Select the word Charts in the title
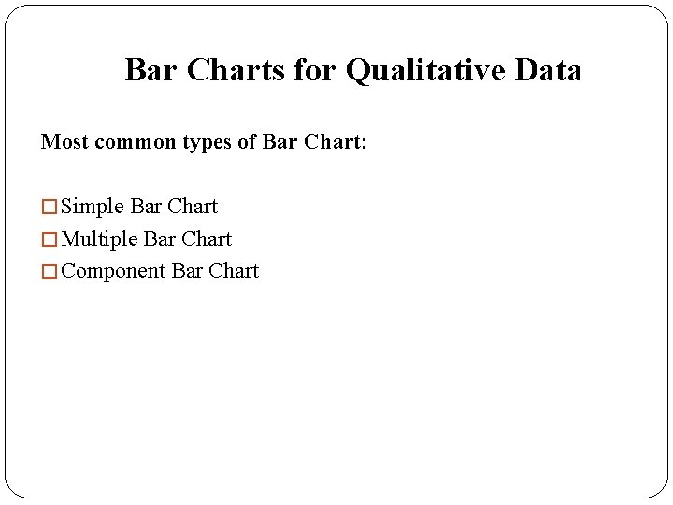point(236,70)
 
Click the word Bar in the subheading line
point(279,142)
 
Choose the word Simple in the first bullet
point(93,207)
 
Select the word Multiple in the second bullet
point(99,239)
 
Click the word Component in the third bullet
point(113,272)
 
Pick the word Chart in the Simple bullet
point(193,207)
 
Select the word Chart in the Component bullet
point(234,271)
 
